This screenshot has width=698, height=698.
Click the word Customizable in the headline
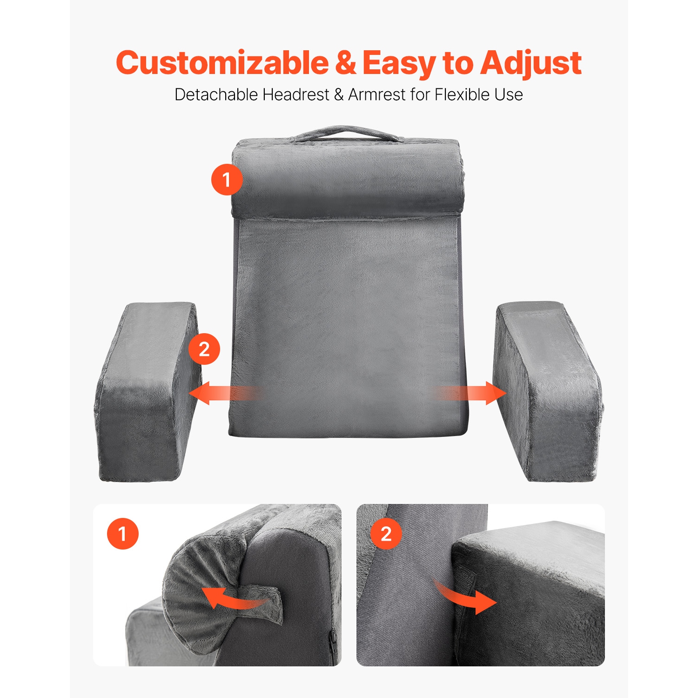coord(222,63)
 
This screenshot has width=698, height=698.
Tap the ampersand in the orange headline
coord(345,63)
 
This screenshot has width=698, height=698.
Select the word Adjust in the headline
coord(531,64)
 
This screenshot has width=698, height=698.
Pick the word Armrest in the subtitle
coord(377,94)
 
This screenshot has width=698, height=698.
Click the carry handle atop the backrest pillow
coord(344,133)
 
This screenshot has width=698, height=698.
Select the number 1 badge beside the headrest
coord(227,179)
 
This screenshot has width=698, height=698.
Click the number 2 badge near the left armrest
coord(204,349)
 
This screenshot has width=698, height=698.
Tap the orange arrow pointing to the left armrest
coord(219,393)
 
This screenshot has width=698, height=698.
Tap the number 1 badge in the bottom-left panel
coord(123,533)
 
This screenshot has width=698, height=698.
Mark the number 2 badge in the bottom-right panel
coord(386,533)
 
